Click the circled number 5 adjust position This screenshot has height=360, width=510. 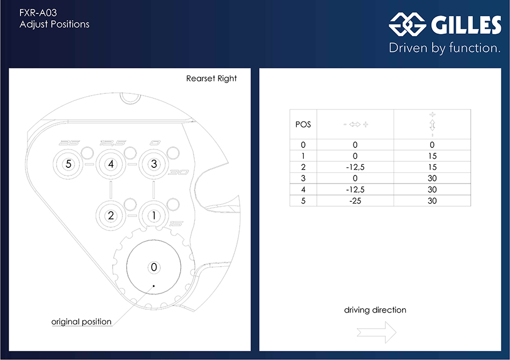pos(69,164)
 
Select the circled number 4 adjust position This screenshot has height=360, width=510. pos(111,164)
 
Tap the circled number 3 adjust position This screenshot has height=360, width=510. pos(154,164)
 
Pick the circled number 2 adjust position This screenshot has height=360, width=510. pos(111,215)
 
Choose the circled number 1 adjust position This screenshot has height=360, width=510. pos(154,215)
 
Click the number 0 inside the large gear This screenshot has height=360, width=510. pos(154,267)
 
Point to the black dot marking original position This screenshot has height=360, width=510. pos(154,286)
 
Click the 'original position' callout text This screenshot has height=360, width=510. pos(81,322)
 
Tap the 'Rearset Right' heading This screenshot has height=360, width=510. pos(212,78)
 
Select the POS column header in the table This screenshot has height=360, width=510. pos(303,125)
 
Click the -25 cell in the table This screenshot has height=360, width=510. pos(355,201)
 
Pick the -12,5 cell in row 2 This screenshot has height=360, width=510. pos(355,167)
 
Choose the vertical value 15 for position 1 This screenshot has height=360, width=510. pos(432,156)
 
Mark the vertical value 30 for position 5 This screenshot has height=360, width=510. pos(432,201)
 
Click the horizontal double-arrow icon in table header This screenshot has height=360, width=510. pos(355,124)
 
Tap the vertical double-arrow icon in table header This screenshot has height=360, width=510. pos(432,125)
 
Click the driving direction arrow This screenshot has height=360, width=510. pos(376,332)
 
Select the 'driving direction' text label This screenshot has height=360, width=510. pos(375,310)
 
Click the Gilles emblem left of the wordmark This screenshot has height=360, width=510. pos(407,24)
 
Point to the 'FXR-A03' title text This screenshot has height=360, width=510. pos(38,12)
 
